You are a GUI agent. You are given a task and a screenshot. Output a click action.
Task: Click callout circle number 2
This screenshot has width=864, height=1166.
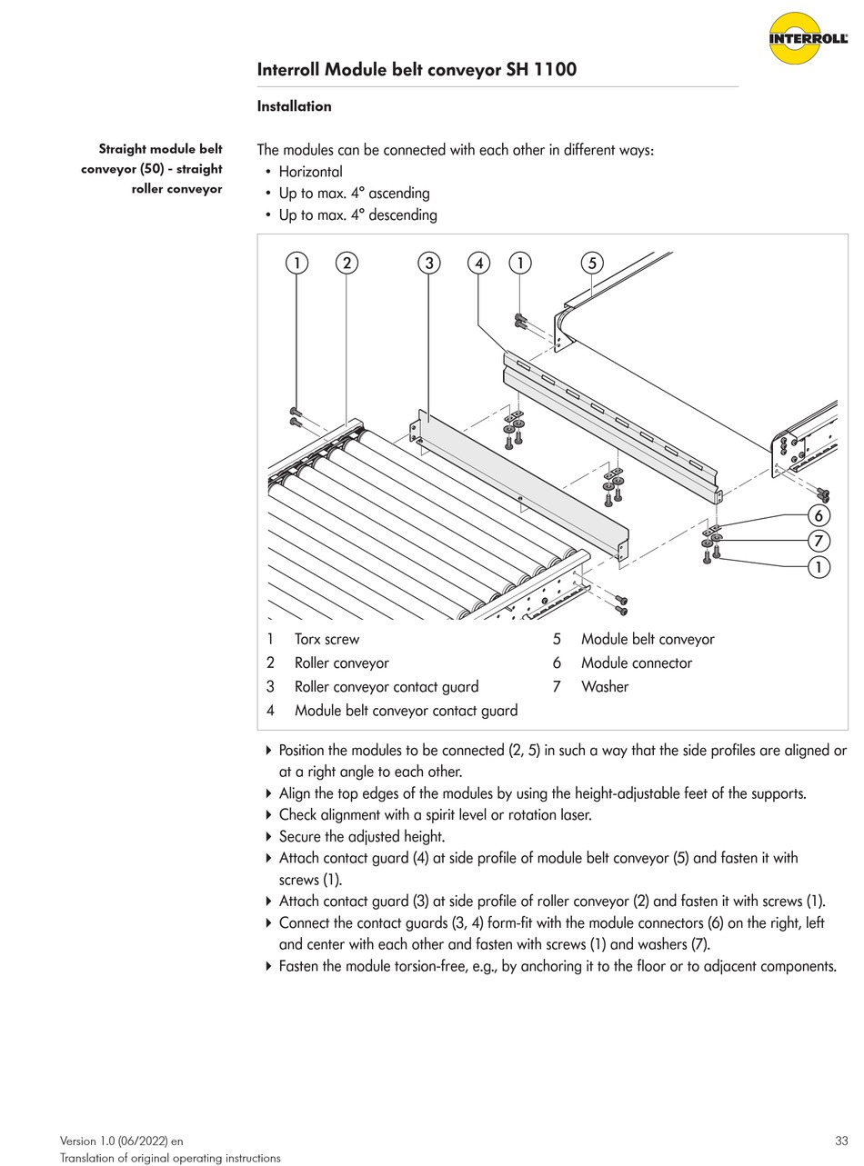(x=347, y=264)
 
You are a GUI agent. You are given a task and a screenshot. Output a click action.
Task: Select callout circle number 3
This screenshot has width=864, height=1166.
(x=428, y=264)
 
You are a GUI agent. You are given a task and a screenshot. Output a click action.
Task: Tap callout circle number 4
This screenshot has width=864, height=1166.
(x=479, y=264)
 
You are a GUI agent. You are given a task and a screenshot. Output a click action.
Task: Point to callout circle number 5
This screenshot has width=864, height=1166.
(x=592, y=264)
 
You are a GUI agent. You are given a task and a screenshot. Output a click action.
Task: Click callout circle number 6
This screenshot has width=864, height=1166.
(x=819, y=516)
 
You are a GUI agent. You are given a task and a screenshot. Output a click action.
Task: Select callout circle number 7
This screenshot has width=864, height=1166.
(x=819, y=542)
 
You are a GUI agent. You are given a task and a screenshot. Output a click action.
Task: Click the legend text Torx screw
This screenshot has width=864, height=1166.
(x=327, y=640)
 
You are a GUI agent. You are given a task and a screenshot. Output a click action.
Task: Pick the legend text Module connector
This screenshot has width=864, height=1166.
(x=636, y=663)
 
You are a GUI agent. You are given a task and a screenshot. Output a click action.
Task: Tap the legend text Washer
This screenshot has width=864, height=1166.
(x=605, y=687)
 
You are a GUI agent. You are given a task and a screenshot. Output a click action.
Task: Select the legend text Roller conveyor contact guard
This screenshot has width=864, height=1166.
(x=386, y=687)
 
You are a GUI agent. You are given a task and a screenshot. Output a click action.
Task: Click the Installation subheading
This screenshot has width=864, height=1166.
(x=294, y=106)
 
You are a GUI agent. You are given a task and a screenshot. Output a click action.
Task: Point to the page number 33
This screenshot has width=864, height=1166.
(x=840, y=1141)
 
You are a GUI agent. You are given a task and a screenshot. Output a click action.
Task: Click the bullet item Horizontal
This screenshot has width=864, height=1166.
(x=310, y=172)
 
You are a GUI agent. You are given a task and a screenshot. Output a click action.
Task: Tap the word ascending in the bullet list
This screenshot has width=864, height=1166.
(x=398, y=194)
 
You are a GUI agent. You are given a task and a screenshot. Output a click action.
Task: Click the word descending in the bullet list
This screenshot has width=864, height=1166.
(x=403, y=215)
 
